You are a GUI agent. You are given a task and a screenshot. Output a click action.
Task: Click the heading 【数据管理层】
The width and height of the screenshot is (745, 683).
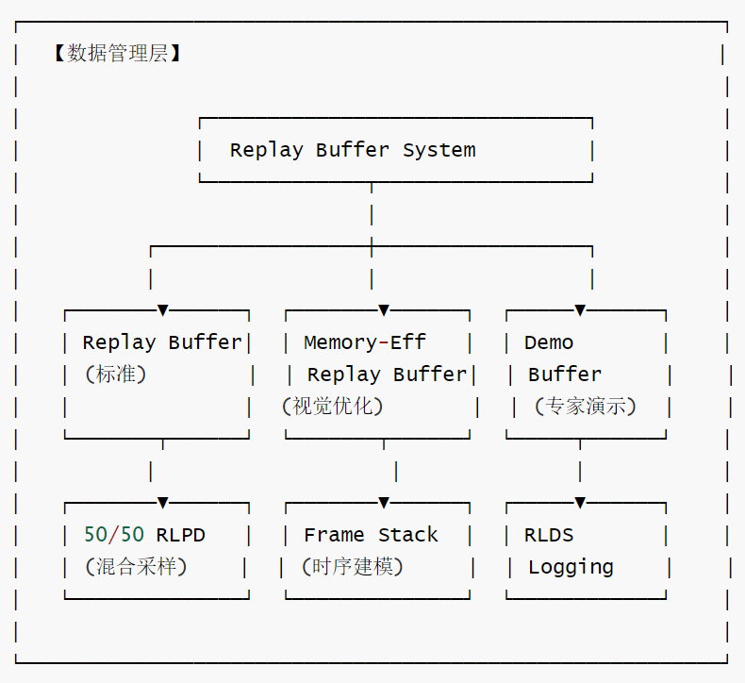click(117, 53)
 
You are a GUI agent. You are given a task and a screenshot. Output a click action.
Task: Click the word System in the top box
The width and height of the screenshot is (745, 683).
click(439, 151)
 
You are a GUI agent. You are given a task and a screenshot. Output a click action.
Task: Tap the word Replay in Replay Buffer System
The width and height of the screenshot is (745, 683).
click(267, 151)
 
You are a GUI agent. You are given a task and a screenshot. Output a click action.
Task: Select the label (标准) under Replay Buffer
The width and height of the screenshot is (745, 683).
click(115, 375)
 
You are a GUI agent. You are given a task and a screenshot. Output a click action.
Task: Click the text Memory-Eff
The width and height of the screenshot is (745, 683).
click(365, 342)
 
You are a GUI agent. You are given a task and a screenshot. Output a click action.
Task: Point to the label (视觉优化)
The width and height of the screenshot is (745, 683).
click(333, 407)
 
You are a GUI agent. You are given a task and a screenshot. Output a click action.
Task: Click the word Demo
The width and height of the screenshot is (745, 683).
click(549, 342)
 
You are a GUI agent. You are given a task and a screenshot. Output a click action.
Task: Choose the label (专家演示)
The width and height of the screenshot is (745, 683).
click(586, 407)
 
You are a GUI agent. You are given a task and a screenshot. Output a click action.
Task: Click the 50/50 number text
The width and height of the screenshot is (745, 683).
click(114, 535)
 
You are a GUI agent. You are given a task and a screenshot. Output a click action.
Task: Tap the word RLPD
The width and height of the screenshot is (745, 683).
click(180, 535)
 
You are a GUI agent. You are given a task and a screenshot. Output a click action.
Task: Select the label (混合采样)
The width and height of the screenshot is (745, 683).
click(136, 567)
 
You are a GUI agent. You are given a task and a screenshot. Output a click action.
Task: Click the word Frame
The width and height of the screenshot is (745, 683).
click(334, 535)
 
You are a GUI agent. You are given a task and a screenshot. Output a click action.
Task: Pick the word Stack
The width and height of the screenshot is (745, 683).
click(408, 535)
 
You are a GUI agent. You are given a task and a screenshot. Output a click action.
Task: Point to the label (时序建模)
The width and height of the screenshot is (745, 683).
click(353, 567)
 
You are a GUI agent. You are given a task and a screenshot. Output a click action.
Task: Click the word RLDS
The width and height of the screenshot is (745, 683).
click(549, 535)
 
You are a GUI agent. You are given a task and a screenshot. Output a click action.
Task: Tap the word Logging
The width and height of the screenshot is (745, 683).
click(571, 568)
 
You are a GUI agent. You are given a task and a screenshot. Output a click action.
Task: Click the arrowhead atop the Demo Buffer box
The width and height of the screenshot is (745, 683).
click(580, 310)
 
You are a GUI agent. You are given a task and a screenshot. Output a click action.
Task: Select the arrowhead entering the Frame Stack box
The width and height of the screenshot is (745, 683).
click(384, 503)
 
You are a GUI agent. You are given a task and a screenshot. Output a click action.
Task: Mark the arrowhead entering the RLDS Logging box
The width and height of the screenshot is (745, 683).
click(580, 503)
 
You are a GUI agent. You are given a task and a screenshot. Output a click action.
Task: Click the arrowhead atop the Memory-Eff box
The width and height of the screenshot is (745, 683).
click(384, 310)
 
